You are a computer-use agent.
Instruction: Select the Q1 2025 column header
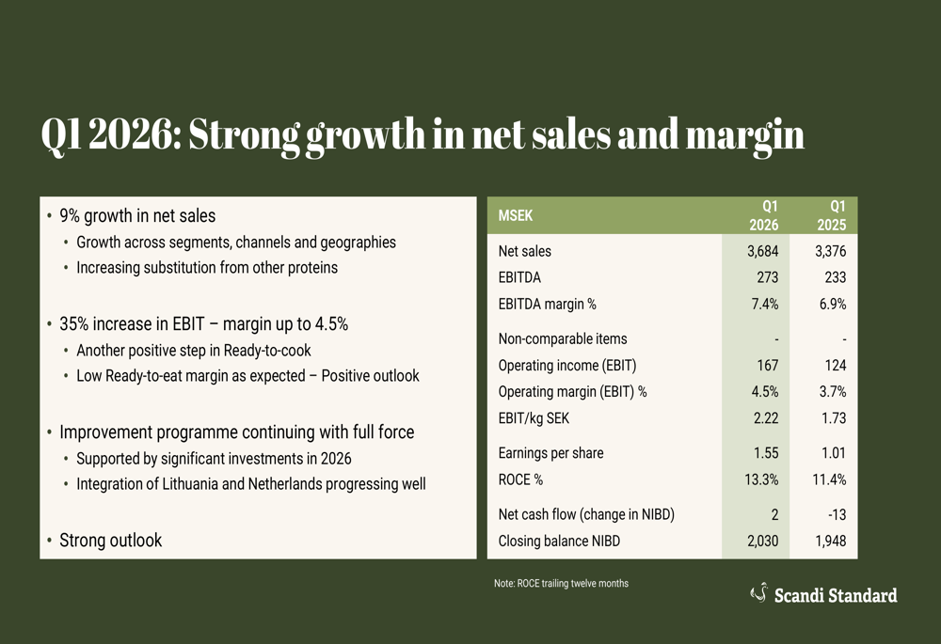click(831, 215)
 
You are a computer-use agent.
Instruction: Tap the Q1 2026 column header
click(763, 215)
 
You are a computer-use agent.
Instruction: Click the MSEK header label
click(516, 215)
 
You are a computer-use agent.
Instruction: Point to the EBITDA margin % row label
click(547, 304)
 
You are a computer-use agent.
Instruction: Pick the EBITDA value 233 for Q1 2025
click(833, 277)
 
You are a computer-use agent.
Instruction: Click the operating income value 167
click(766, 366)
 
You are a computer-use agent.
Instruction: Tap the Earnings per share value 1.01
click(832, 453)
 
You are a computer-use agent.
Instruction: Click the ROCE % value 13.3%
click(759, 479)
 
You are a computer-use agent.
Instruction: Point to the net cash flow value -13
click(835, 514)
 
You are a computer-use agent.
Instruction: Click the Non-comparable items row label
click(562, 338)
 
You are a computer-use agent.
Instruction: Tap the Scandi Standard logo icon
click(758, 592)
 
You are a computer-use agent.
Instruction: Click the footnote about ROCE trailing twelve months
click(561, 584)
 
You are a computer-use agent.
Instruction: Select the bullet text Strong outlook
click(110, 541)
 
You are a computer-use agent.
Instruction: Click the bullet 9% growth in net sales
click(137, 216)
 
